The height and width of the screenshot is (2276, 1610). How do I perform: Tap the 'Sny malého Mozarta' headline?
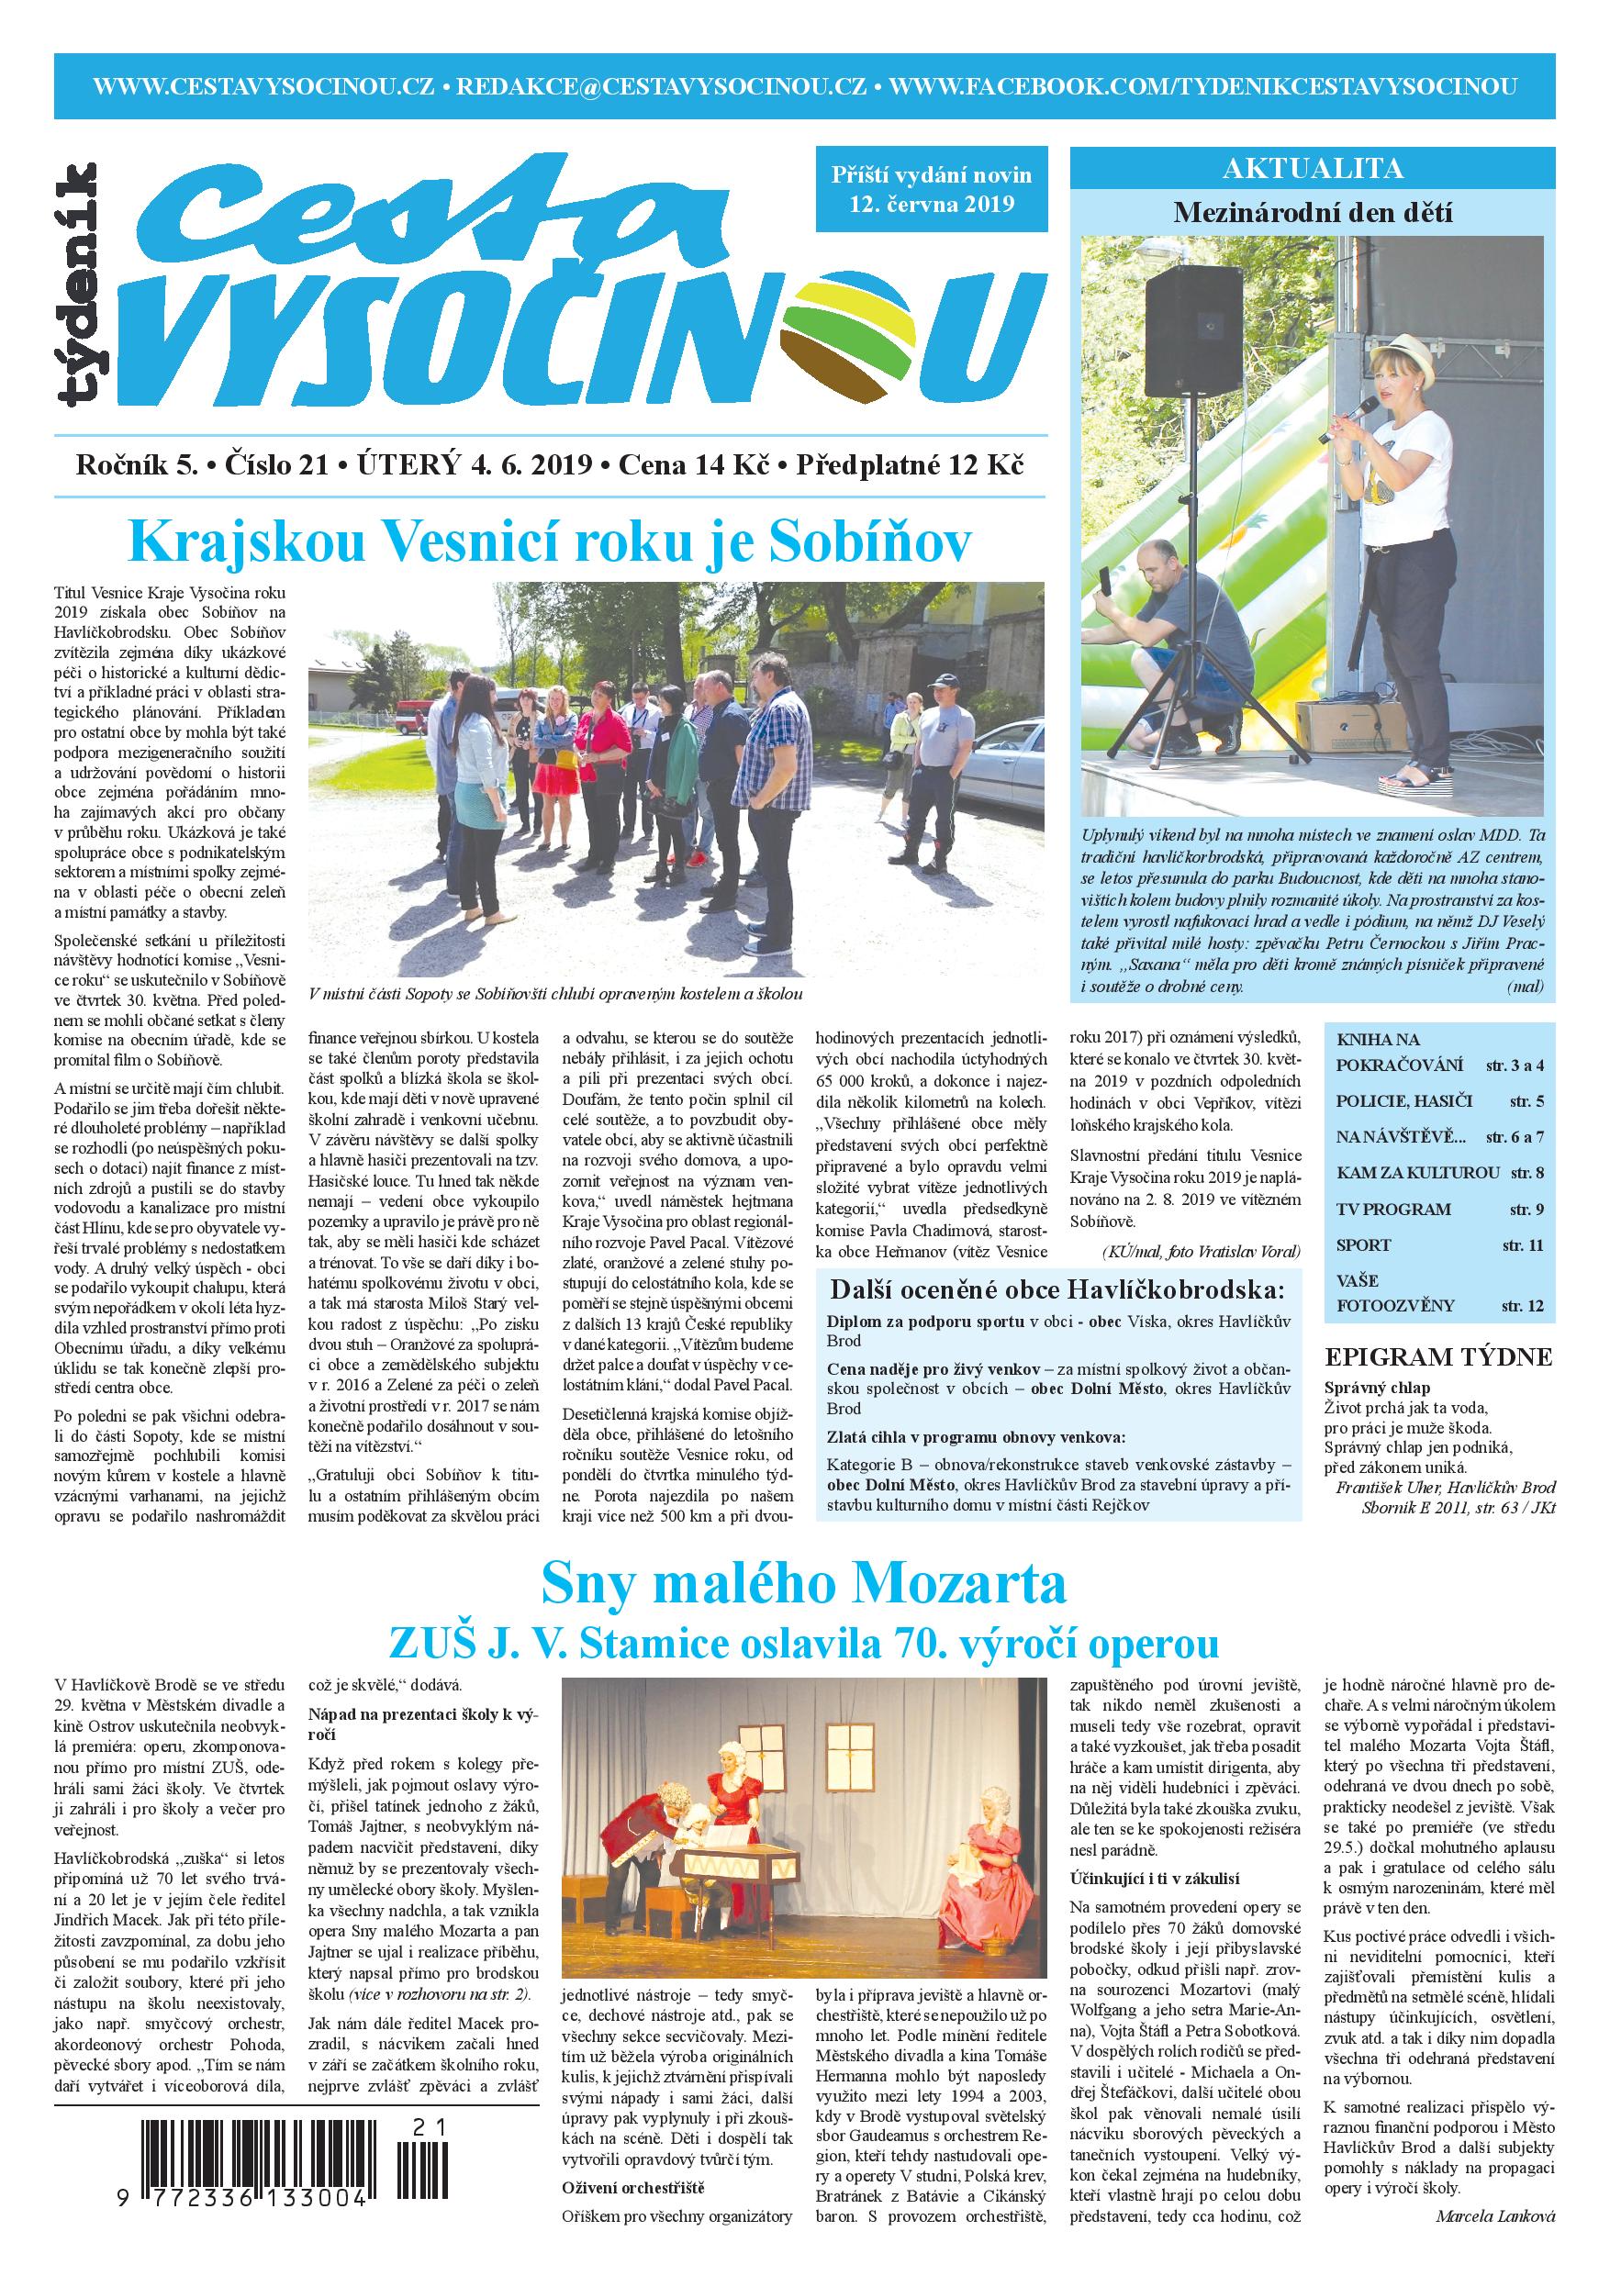(x=804, y=1584)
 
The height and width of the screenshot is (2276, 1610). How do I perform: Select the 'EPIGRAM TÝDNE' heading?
(x=1437, y=1358)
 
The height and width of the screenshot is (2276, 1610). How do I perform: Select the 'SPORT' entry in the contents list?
(x=1363, y=1244)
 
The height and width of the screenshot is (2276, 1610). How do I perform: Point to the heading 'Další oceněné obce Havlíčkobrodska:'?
(x=1056, y=1289)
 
